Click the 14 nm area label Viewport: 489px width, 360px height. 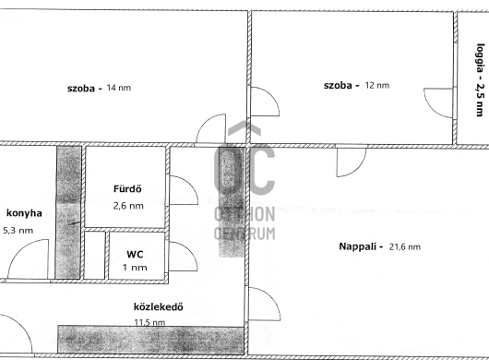(119, 88)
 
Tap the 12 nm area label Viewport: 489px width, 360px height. (377, 85)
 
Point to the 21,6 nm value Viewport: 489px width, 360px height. (405, 247)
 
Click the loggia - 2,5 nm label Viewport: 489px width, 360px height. (481, 80)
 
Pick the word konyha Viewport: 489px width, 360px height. (24, 213)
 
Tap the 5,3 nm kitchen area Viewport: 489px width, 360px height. (18, 231)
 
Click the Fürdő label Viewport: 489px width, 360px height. (127, 188)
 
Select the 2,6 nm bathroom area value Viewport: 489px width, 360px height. (128, 206)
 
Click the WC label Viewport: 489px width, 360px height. (135, 254)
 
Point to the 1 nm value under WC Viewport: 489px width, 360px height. (135, 268)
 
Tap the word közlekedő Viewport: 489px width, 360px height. (159, 307)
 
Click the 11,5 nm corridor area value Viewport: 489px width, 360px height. (149, 322)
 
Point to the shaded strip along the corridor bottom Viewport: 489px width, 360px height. (150, 340)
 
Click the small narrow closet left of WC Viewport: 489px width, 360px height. (94, 255)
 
